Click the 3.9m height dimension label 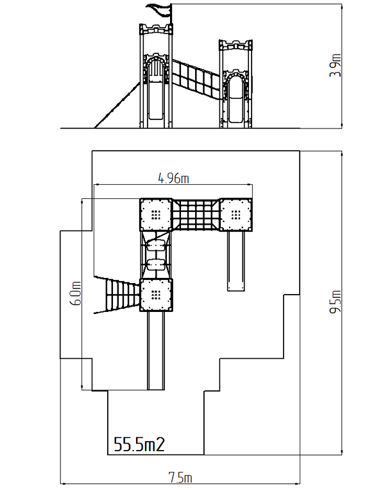(x=336, y=65)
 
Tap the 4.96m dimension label (x=173, y=178)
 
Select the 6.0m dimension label (x=76, y=293)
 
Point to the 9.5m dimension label (x=336, y=302)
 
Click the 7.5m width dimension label (x=180, y=478)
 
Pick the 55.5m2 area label (x=139, y=444)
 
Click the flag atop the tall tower (x=160, y=10)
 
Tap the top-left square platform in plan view (x=156, y=214)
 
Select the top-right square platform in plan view (x=235, y=214)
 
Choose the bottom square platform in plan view (x=156, y=295)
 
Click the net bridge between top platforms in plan (x=196, y=214)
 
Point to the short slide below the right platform (x=236, y=261)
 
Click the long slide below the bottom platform (x=156, y=350)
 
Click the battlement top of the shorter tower (x=235, y=45)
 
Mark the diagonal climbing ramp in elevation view (x=117, y=105)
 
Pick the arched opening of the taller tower (x=156, y=70)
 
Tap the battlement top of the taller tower (x=156, y=29)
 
